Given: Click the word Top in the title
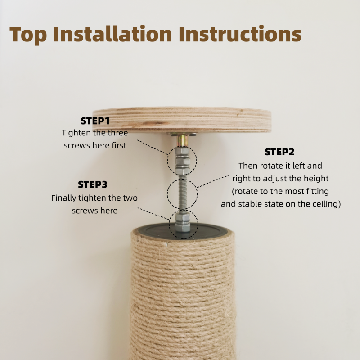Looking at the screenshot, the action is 28,35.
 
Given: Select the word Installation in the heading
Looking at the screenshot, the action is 112,34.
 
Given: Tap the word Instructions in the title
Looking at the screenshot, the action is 240,34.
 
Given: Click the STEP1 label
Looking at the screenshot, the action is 95,121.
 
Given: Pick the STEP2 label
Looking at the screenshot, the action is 279,152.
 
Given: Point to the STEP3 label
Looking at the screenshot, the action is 93,184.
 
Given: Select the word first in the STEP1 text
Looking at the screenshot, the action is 119,145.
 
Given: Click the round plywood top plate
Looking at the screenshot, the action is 182,120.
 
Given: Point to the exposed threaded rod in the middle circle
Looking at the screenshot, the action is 183,193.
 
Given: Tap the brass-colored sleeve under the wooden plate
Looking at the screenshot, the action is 182,140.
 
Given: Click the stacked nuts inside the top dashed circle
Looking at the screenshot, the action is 183,161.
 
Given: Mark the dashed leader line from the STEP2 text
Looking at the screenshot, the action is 213,181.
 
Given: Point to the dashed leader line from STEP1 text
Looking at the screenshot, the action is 153,147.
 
